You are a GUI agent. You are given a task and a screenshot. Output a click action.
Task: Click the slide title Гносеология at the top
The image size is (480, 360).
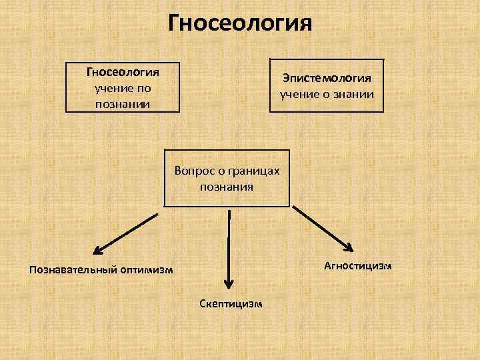pos(240,23)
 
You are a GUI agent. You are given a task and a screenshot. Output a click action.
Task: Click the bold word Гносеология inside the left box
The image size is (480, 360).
pos(123,72)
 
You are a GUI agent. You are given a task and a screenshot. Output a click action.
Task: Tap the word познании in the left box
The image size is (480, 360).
pos(123,104)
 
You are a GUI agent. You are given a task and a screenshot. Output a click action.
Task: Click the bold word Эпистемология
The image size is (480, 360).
pos(327,78)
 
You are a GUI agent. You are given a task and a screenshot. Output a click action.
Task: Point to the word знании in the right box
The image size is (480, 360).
pos(355,94)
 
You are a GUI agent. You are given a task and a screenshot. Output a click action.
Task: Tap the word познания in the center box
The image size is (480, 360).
pos(227,187)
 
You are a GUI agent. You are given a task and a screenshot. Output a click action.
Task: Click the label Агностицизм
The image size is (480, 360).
pos(358,266)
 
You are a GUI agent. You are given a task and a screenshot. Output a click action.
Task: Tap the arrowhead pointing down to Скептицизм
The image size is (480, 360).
pos(229,284)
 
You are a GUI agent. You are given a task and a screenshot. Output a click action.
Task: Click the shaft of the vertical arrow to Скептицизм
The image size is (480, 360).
pos(229,247)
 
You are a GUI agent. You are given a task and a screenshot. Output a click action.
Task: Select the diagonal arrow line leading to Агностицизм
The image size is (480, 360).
pos(319,226)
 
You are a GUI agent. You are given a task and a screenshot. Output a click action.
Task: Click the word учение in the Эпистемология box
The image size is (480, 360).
pos(300,94)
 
